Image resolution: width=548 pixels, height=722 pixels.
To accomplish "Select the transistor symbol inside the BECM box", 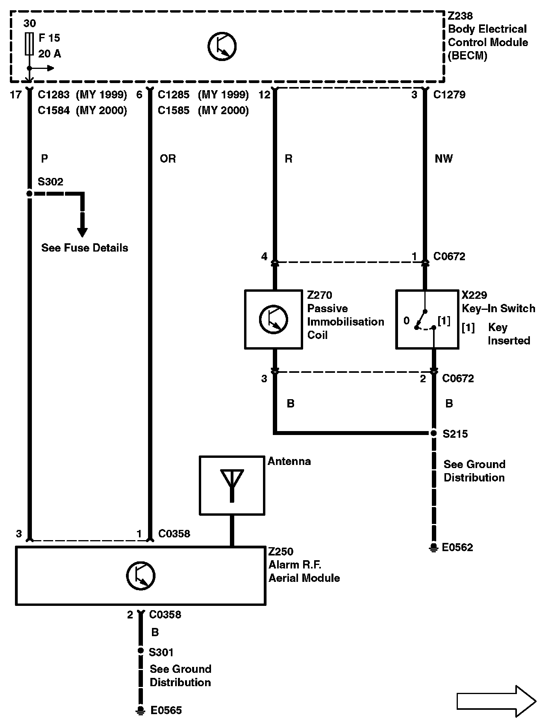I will [222, 46].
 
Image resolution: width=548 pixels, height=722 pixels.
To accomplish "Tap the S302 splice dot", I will [29, 193].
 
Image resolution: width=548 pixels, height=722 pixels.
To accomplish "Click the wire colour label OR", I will [168, 159].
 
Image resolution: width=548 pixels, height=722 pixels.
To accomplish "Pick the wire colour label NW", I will [444, 159].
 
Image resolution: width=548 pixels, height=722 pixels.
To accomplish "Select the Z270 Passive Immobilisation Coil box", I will [273, 319].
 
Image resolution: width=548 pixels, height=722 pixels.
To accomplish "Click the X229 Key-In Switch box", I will [427, 319].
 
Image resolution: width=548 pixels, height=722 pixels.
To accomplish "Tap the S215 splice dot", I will [433, 433].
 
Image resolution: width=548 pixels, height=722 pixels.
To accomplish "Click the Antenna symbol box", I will [232, 485].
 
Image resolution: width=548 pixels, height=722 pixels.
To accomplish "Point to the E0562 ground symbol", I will [433, 548].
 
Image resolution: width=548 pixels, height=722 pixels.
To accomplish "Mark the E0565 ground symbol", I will [140, 710].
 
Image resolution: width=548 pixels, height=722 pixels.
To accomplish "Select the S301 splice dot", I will [141, 651].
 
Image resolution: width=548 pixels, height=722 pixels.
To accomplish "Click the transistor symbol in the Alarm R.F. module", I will [141, 576].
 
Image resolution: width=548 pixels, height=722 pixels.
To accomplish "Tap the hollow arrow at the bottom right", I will [496, 701].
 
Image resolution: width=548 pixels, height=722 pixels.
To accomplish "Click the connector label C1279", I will [449, 95].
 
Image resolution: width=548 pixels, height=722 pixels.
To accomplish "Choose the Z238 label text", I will [460, 16].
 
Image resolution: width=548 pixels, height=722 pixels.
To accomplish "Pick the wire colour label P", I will [44, 159].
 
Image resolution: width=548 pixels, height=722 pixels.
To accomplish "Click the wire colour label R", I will [288, 159].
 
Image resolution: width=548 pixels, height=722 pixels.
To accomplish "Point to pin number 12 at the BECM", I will [265, 95].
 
